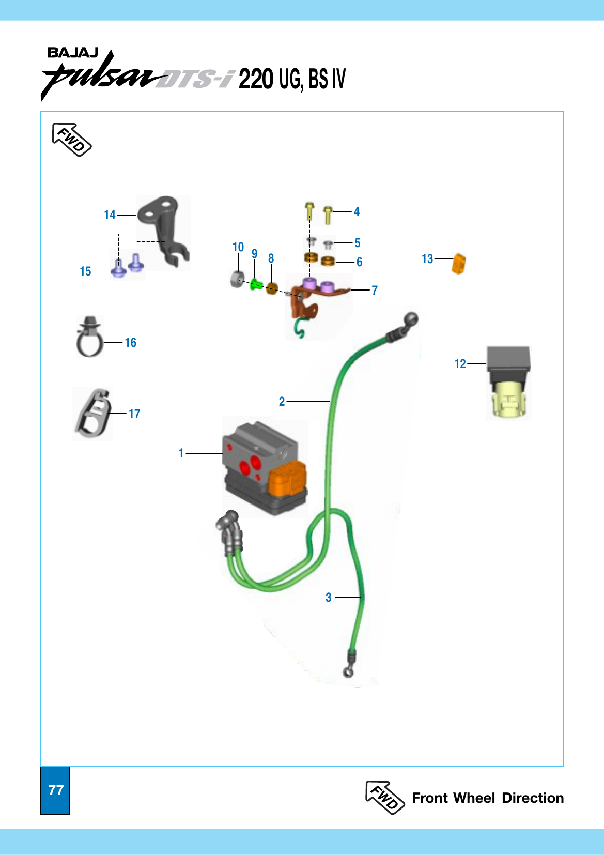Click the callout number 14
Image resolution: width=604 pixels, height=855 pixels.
click(110, 215)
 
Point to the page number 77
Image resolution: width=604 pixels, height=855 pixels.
click(55, 790)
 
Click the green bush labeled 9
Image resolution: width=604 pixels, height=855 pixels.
click(255, 284)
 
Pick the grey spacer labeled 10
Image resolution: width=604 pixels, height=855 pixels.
click(237, 279)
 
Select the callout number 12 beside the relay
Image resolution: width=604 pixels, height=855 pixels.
click(460, 364)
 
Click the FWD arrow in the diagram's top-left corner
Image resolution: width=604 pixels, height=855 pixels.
click(71, 140)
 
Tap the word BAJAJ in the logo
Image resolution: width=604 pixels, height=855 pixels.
click(72, 53)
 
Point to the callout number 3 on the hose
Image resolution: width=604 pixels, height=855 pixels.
click(328, 598)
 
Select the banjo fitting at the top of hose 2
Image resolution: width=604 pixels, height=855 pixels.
click(411, 320)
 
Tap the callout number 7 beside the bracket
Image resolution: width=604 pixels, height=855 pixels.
click(375, 291)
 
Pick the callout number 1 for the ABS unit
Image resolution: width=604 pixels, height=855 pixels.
click(181, 453)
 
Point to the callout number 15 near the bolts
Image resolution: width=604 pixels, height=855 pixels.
click(85, 271)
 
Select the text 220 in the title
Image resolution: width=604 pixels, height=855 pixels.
click(256, 79)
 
